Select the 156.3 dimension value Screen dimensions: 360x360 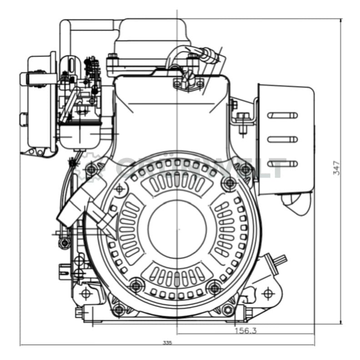245,330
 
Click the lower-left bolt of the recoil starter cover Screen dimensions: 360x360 134,286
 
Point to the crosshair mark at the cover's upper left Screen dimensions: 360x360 120,187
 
